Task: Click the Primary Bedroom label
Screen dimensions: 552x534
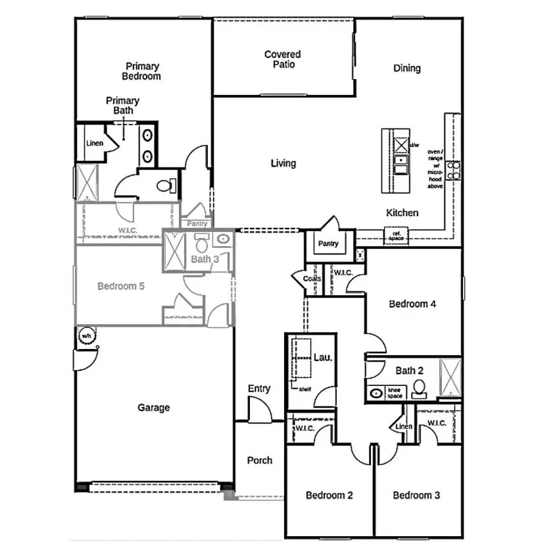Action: pyautogui.click(x=142, y=71)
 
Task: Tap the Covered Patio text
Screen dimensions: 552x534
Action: pyautogui.click(x=283, y=59)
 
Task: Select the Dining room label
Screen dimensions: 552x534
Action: pyautogui.click(x=406, y=69)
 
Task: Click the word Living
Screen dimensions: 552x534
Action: pyautogui.click(x=283, y=163)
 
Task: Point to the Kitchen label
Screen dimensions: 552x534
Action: pyautogui.click(x=402, y=213)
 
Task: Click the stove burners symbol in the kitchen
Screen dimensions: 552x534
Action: pyautogui.click(x=453, y=170)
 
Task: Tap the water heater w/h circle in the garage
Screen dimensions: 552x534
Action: pyautogui.click(x=85, y=336)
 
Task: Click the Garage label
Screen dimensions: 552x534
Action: pyautogui.click(x=153, y=408)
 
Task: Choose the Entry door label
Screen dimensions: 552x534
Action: pyautogui.click(x=259, y=389)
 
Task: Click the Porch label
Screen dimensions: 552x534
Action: pyautogui.click(x=260, y=460)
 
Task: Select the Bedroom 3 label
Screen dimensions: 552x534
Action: pyautogui.click(x=416, y=495)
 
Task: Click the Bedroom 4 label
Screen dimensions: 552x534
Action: pyautogui.click(x=413, y=304)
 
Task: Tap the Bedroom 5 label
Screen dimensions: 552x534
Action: pyautogui.click(x=121, y=287)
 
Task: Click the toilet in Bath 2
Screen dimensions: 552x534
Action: pyautogui.click(x=418, y=390)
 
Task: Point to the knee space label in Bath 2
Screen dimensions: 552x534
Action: pyautogui.click(x=395, y=393)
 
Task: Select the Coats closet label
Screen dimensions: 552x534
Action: pyautogui.click(x=312, y=279)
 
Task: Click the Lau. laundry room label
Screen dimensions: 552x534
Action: pyautogui.click(x=322, y=358)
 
